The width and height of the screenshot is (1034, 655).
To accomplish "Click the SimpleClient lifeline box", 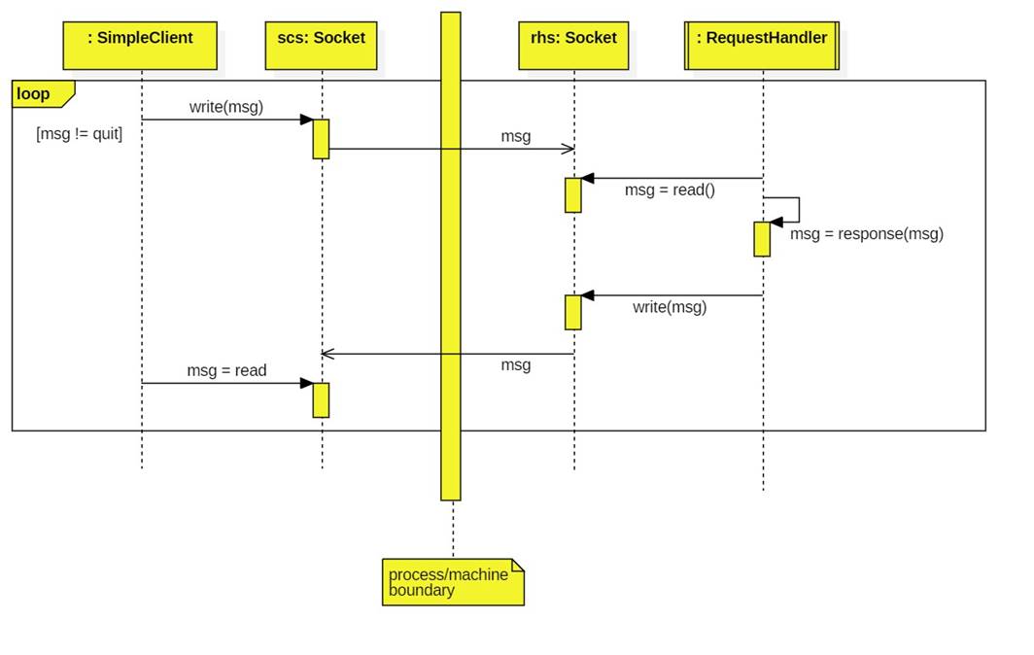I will pyautogui.click(x=140, y=46).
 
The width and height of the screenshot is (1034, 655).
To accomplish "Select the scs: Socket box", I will pyautogui.click(x=321, y=46).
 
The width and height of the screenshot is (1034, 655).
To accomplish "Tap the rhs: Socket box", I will pyautogui.click(x=573, y=46).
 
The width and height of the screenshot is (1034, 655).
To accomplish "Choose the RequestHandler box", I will pyautogui.click(x=762, y=46).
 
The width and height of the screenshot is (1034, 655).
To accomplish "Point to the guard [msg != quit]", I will pyautogui.click(x=80, y=135).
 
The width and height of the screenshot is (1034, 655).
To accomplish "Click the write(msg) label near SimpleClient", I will pyautogui.click(x=226, y=107).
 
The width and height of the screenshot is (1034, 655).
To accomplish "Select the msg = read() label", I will pyautogui.click(x=670, y=190).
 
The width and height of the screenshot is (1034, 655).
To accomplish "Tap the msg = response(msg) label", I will pyautogui.click(x=867, y=234).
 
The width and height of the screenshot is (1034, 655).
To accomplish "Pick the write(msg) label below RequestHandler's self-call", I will pyautogui.click(x=670, y=308).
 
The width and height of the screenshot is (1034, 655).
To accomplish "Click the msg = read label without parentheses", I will pyautogui.click(x=226, y=371).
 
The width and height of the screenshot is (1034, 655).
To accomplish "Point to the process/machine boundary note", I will pyautogui.click(x=453, y=582).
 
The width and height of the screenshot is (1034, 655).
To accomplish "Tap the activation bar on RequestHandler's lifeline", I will pyautogui.click(x=762, y=239).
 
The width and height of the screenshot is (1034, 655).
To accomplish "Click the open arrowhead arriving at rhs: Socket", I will pyautogui.click(x=569, y=149).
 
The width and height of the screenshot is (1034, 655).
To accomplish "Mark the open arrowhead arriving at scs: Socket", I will pyautogui.click(x=327, y=354).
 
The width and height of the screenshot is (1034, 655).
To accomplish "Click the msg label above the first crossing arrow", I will pyautogui.click(x=516, y=137).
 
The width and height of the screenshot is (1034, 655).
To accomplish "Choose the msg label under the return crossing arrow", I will pyautogui.click(x=516, y=365).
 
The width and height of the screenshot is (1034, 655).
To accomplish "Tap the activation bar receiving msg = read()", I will pyautogui.click(x=573, y=194).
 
